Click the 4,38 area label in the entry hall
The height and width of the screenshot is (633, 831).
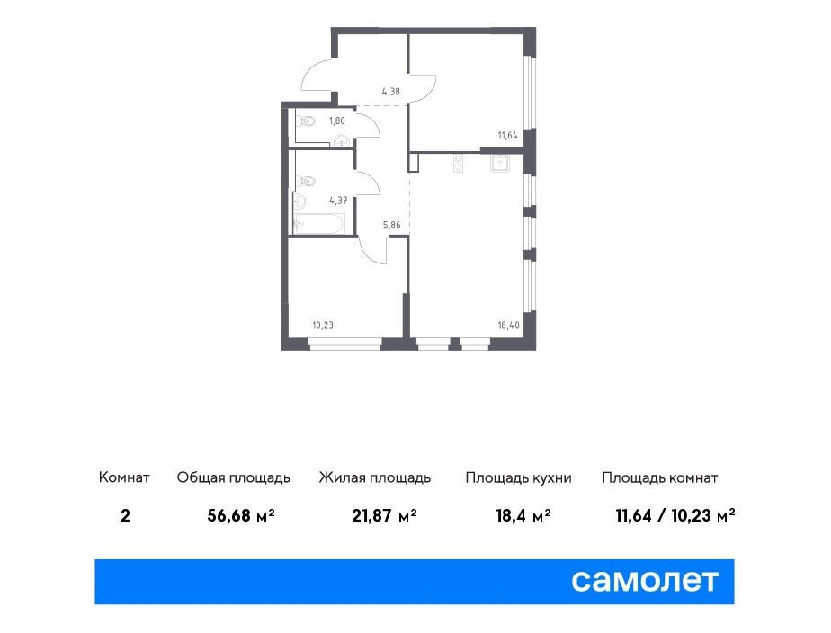(390, 92)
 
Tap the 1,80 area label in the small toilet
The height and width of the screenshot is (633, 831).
(336, 120)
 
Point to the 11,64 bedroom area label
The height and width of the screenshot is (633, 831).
(507, 135)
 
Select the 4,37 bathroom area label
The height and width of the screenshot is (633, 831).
(338, 201)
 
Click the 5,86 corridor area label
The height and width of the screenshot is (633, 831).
(391, 225)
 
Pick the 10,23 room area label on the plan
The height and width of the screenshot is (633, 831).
(323, 325)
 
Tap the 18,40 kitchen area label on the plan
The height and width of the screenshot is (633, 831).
(509, 325)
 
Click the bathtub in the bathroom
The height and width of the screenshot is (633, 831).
(319, 223)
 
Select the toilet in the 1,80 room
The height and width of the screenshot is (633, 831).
(306, 121)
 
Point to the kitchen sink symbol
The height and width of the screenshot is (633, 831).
(500, 164)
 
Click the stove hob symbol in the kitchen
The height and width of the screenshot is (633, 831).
(459, 164)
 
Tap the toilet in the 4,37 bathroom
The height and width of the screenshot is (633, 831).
(306, 182)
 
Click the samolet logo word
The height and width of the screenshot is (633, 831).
(645, 581)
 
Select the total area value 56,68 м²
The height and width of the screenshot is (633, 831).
(241, 515)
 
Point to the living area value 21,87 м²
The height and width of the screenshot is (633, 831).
(384, 515)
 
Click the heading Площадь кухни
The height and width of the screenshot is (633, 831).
(518, 477)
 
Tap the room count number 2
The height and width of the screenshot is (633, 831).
(125, 515)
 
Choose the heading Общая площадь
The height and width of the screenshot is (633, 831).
(234, 477)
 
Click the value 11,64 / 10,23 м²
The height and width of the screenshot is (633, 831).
(675, 515)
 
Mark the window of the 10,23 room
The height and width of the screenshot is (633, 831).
(345, 345)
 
